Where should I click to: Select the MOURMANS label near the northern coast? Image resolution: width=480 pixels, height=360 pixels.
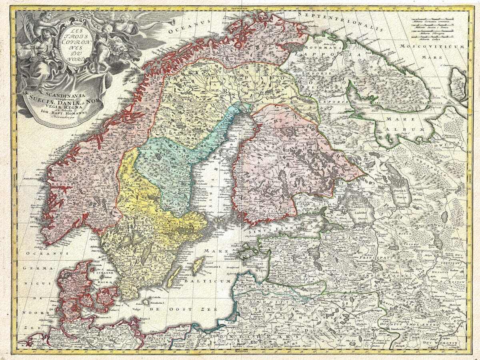tap(324, 47)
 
